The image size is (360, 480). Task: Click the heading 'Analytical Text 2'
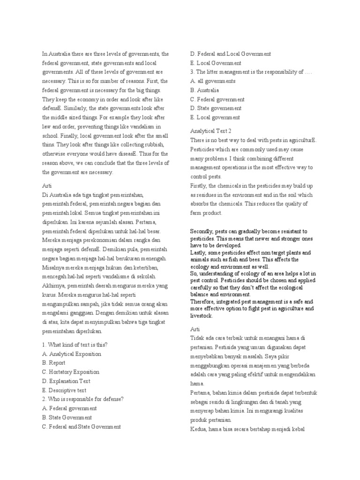211,131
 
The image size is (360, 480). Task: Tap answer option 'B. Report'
53,363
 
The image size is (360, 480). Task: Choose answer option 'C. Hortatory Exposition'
70,372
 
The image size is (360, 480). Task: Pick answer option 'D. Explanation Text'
66,381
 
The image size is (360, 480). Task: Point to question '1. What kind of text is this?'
75,345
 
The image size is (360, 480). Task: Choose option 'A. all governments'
213,81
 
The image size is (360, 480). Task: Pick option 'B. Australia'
204,90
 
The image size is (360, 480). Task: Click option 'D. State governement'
215,108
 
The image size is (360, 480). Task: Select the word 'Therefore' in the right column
204,302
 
